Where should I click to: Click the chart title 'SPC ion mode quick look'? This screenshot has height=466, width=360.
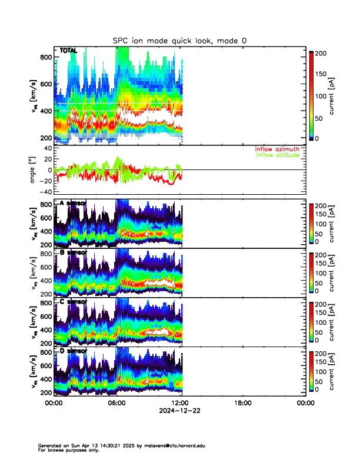180,40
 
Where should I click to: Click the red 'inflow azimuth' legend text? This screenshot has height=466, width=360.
279,149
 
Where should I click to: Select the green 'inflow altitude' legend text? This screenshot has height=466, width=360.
279,155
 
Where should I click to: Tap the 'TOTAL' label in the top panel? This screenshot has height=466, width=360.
68,51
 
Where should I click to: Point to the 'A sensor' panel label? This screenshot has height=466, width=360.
73,204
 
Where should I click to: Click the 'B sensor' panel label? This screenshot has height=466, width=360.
73,252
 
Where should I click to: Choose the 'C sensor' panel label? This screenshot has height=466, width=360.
73,302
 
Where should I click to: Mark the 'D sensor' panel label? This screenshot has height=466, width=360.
73,351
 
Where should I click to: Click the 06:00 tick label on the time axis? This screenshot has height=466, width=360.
116,404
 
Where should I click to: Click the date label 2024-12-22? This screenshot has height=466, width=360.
179,411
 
